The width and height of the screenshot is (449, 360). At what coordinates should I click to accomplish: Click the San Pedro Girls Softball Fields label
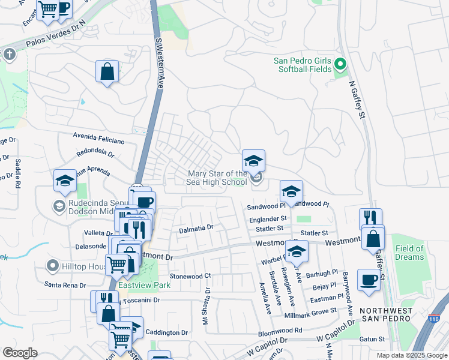click(x=303, y=65)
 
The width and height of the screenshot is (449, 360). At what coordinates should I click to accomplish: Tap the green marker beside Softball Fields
click(x=340, y=64)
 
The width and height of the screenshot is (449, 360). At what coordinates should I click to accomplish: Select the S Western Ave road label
click(x=159, y=64)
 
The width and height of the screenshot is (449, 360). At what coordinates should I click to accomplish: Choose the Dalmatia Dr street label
click(x=196, y=229)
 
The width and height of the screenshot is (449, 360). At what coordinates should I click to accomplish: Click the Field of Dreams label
click(x=409, y=253)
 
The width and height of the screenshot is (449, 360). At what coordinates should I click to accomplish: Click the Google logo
click(x=19, y=353)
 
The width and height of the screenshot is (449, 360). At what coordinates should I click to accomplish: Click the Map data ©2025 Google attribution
click(x=411, y=355)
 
